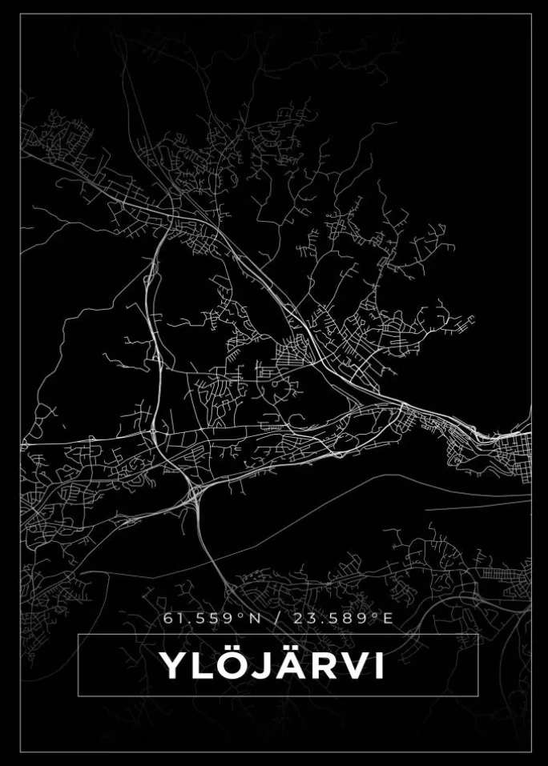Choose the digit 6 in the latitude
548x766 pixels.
[x=167, y=618]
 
